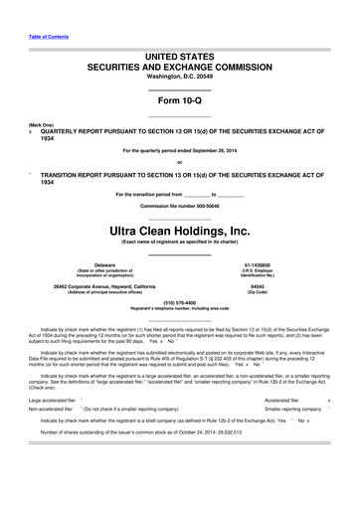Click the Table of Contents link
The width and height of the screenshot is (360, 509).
pyautogui.click(x=41, y=24)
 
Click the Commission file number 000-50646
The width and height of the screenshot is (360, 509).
pyautogui.click(x=211, y=179)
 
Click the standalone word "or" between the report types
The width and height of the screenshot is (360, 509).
pyautogui.click(x=179, y=162)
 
